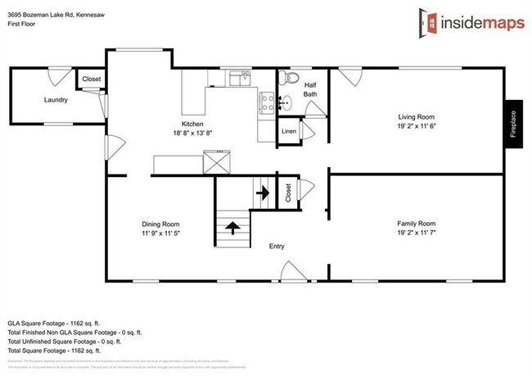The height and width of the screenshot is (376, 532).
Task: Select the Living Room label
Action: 416,116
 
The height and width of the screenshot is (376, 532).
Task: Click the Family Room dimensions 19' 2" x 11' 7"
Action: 416,233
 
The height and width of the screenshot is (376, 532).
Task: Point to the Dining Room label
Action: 160,224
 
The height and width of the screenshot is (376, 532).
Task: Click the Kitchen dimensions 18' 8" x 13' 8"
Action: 192,133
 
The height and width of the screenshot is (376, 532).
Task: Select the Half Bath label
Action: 310,88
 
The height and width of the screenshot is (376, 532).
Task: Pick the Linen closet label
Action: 288,131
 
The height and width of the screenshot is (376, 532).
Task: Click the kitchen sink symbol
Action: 240,79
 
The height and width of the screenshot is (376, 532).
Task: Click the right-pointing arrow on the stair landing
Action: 263,193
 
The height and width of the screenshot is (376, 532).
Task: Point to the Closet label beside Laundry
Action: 91,79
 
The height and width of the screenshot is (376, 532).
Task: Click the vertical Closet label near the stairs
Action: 288,193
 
